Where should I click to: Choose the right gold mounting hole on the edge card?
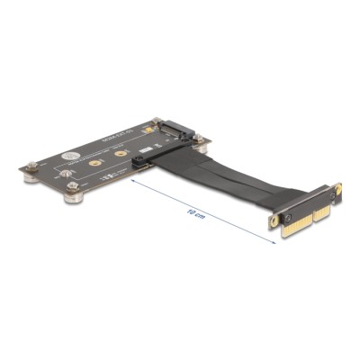[x=337, y=187]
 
